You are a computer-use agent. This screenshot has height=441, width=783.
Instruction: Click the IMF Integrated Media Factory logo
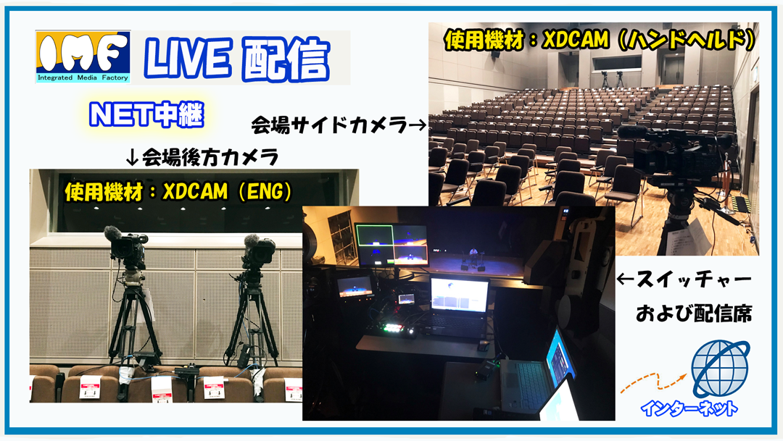click(x=83, y=57)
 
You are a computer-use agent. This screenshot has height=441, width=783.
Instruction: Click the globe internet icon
click(x=720, y=369)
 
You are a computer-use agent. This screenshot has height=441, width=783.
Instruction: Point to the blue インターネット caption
click(x=689, y=408)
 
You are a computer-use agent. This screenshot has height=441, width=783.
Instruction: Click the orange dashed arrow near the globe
click(x=654, y=382)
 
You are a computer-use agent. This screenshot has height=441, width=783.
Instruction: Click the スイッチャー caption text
click(x=694, y=280)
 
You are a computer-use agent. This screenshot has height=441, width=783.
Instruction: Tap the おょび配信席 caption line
click(x=694, y=314)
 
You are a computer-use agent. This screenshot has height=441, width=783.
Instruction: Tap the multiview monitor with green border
click(x=391, y=245)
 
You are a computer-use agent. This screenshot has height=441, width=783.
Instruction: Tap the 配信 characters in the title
click(x=285, y=60)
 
